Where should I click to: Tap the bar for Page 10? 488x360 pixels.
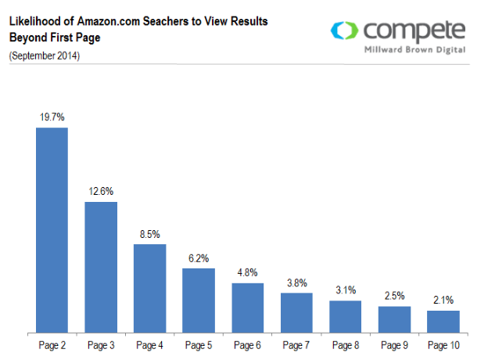coord(443,322)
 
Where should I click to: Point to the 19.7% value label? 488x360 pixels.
coord(52,117)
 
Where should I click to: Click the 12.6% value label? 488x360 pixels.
coord(101,191)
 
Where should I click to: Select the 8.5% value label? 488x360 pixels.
coord(149,233)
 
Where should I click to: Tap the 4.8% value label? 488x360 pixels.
coord(247,272)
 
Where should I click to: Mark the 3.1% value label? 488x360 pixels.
coord(345,290)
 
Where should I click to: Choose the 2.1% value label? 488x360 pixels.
coord(443,300)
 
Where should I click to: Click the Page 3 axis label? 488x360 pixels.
coord(101,344)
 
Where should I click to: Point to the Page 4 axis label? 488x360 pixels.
coord(149,344)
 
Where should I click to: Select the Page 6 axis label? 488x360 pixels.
coord(247,344)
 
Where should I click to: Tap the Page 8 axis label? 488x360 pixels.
coord(345,344)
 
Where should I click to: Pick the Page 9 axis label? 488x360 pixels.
coord(394,344)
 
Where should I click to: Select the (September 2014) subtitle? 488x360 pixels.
coord(44,56)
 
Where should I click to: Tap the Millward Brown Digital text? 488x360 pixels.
coord(414,49)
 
